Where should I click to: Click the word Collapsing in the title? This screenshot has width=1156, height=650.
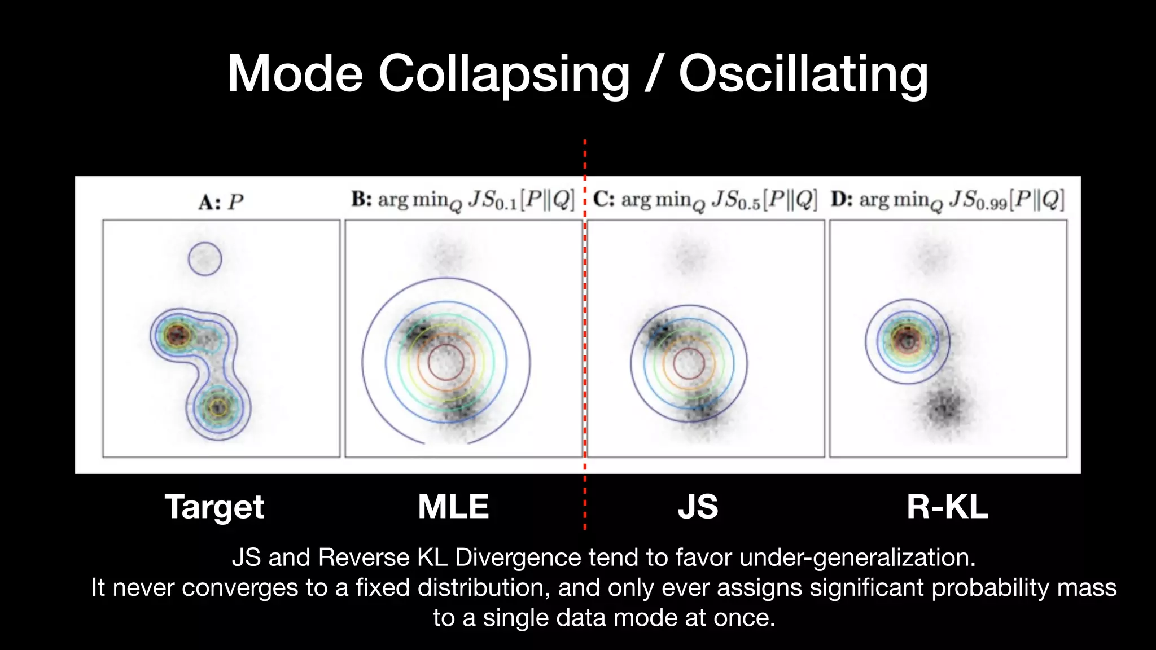click(x=503, y=74)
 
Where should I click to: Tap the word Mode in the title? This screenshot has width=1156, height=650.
click(x=295, y=74)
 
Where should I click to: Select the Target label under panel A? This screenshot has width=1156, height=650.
click(x=214, y=507)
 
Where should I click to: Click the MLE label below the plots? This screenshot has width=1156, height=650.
click(x=453, y=507)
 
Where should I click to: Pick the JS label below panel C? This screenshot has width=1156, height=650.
click(x=698, y=507)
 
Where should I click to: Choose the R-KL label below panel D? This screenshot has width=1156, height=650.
click(x=947, y=507)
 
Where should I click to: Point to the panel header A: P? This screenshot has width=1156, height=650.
click(x=221, y=202)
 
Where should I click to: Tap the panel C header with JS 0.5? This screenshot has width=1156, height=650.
click(x=705, y=200)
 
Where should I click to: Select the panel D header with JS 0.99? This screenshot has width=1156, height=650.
click(x=948, y=200)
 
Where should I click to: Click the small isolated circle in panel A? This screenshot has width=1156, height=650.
click(x=205, y=259)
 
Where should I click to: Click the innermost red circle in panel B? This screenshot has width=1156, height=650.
click(x=446, y=362)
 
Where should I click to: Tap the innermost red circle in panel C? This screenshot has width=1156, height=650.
click(x=689, y=363)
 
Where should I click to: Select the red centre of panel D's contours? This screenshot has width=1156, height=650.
click(x=908, y=340)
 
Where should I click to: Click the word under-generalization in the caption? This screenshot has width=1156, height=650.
click(x=857, y=557)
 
